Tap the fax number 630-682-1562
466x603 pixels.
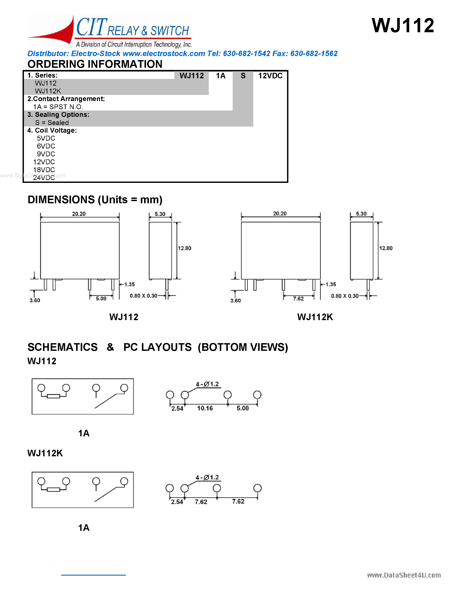pyautogui.click(x=314, y=54)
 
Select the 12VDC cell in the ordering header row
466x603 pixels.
pyautogui.click(x=270, y=76)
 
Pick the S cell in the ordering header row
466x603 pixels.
pyautogui.click(x=243, y=76)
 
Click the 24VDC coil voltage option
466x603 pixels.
pyautogui.click(x=44, y=178)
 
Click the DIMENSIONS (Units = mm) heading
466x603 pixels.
pyautogui.click(x=95, y=200)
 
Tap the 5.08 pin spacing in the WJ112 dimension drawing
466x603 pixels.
pyautogui.click(x=101, y=298)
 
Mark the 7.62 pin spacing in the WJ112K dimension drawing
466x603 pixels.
pyautogui.click(x=298, y=298)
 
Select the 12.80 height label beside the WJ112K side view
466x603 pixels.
pyautogui.click(x=386, y=248)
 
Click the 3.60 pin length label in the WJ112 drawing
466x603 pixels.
pyautogui.click(x=35, y=300)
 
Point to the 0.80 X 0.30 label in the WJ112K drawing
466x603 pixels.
pyautogui.click(x=345, y=296)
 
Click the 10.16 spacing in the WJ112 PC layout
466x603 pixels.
pyautogui.click(x=205, y=408)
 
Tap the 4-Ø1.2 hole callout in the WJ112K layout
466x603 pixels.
pyautogui.click(x=207, y=477)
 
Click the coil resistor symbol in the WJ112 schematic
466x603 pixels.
pyautogui.click(x=53, y=396)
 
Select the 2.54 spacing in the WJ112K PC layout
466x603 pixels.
pyautogui.click(x=177, y=502)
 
